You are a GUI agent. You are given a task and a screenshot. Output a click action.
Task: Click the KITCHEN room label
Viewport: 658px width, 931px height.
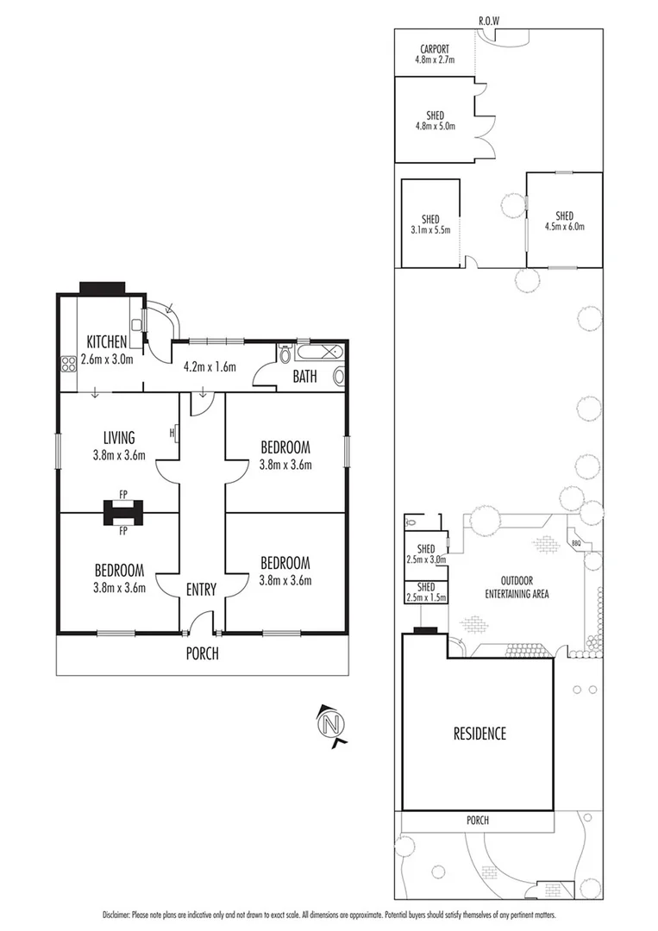(x=106, y=341)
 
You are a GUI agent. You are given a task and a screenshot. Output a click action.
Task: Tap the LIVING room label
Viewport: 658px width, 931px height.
(x=119, y=438)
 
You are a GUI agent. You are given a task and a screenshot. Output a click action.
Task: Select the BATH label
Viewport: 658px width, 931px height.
(x=305, y=377)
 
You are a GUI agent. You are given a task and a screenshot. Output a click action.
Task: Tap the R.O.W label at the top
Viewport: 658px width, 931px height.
(x=490, y=20)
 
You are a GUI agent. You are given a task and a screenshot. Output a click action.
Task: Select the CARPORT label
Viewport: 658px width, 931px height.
(x=435, y=49)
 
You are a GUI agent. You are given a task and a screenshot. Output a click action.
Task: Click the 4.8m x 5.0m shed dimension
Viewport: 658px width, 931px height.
(x=435, y=126)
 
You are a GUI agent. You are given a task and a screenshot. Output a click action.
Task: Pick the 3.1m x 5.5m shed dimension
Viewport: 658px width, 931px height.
(x=430, y=229)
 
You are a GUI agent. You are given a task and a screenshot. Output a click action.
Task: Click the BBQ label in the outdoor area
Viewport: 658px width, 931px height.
(x=576, y=543)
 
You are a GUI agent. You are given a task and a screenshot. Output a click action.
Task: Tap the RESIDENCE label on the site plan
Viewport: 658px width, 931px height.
(x=479, y=734)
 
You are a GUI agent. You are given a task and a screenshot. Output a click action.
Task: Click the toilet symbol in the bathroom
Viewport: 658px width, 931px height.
(x=285, y=355)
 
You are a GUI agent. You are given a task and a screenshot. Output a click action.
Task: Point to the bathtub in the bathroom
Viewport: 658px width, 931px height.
(x=319, y=353)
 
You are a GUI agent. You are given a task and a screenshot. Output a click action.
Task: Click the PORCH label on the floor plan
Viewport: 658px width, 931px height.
(x=203, y=653)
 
